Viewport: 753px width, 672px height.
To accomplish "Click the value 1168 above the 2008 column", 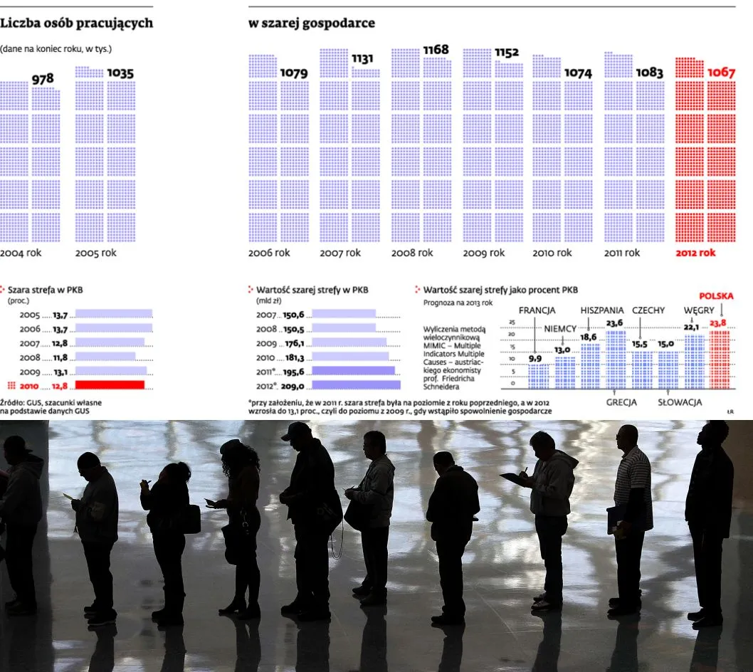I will coord(436,50).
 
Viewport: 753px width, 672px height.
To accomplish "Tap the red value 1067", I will coord(721,73).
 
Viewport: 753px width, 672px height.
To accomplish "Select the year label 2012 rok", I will coord(695,253).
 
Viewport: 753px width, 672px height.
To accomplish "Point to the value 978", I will coord(43,79).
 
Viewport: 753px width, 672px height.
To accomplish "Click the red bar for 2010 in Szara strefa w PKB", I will coord(110,385).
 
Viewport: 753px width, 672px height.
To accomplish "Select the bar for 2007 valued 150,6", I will coord(344,314).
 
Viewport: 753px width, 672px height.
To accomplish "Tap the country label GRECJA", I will coord(621,401).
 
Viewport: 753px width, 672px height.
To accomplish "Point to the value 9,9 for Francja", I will coord(535,358).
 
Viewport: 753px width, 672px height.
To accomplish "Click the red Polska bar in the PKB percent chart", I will coord(719,359).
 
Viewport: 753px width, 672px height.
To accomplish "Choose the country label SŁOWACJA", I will coord(680,401).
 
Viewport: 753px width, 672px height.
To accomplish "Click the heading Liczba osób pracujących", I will coord(76,23).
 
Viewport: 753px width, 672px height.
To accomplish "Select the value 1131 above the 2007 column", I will coord(362,59).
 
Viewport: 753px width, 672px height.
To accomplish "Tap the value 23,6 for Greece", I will coord(614,322).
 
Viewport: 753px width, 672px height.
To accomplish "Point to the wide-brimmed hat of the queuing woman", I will coord(230,447).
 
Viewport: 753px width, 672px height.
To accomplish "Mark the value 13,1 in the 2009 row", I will coord(60,372).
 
